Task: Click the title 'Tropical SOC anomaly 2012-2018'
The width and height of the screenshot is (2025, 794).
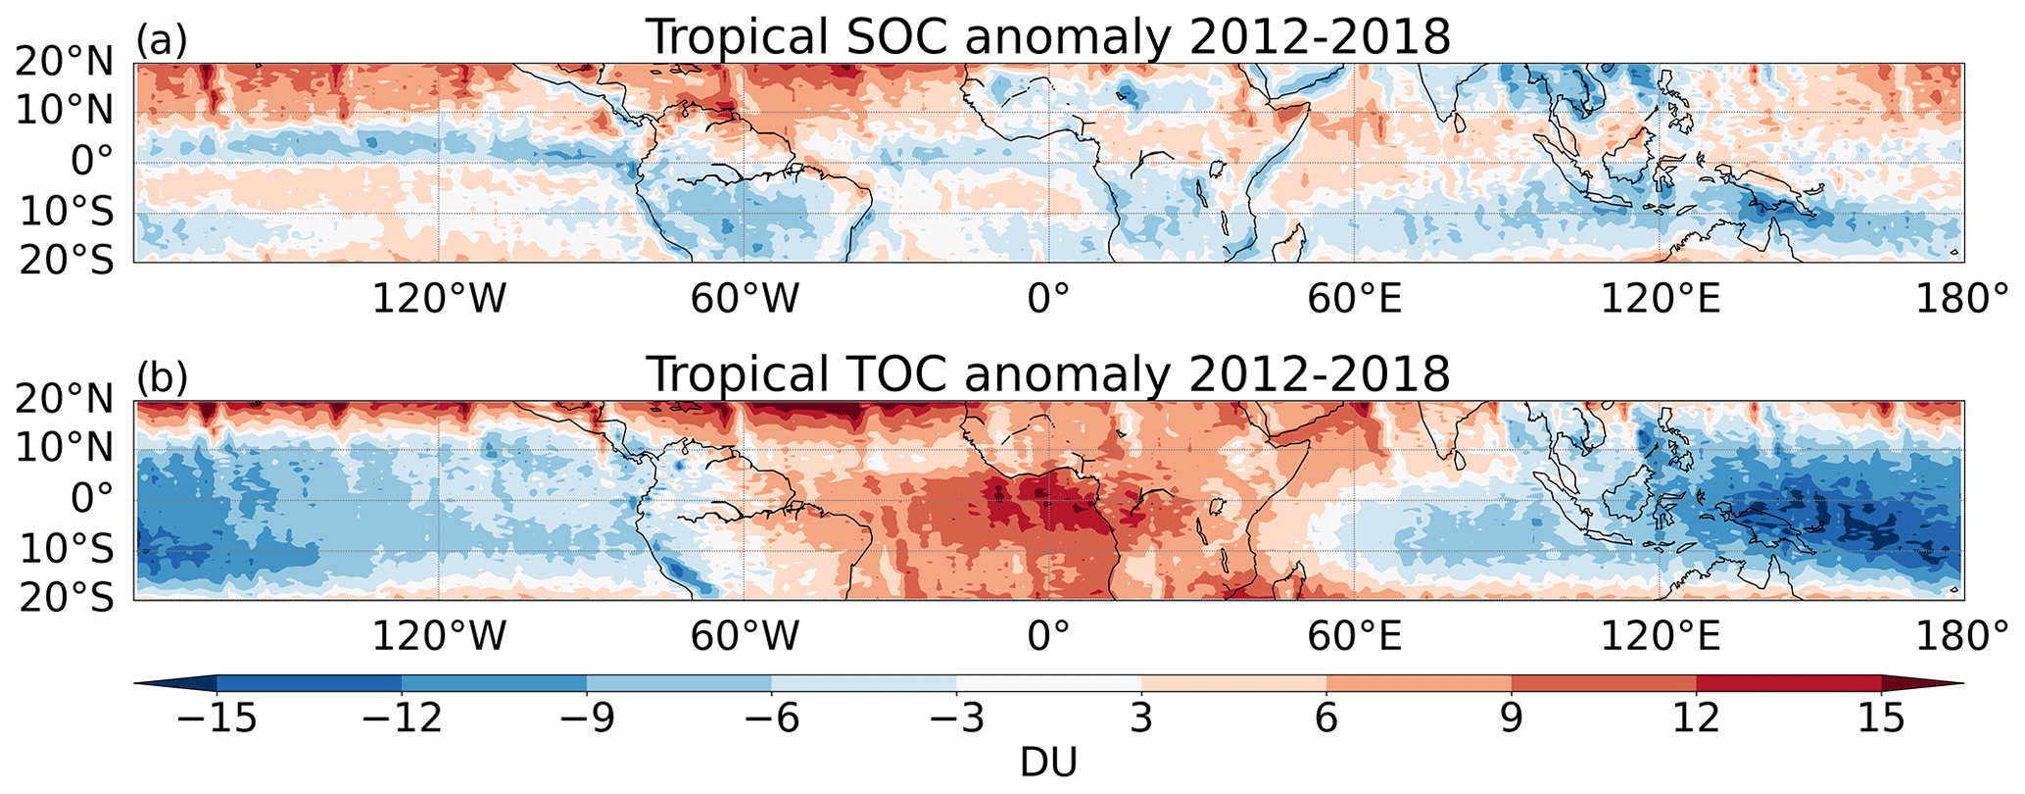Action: point(1047,37)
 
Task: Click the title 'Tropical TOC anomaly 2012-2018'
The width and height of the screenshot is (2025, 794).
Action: point(1047,373)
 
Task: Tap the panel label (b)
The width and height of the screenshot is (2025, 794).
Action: point(162,377)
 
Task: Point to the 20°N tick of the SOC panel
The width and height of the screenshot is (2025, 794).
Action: point(65,63)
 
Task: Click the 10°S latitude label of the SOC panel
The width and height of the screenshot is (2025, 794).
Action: point(65,212)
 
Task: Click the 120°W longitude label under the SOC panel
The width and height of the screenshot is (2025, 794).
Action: point(438,299)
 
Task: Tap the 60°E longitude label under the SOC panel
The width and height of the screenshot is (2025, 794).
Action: point(1354,299)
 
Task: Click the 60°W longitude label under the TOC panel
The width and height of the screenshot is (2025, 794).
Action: point(744,636)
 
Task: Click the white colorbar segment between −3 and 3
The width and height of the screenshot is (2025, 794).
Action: point(1048,683)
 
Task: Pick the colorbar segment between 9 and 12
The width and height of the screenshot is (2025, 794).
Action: point(1604,683)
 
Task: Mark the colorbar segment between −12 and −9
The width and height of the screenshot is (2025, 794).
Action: point(494,683)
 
